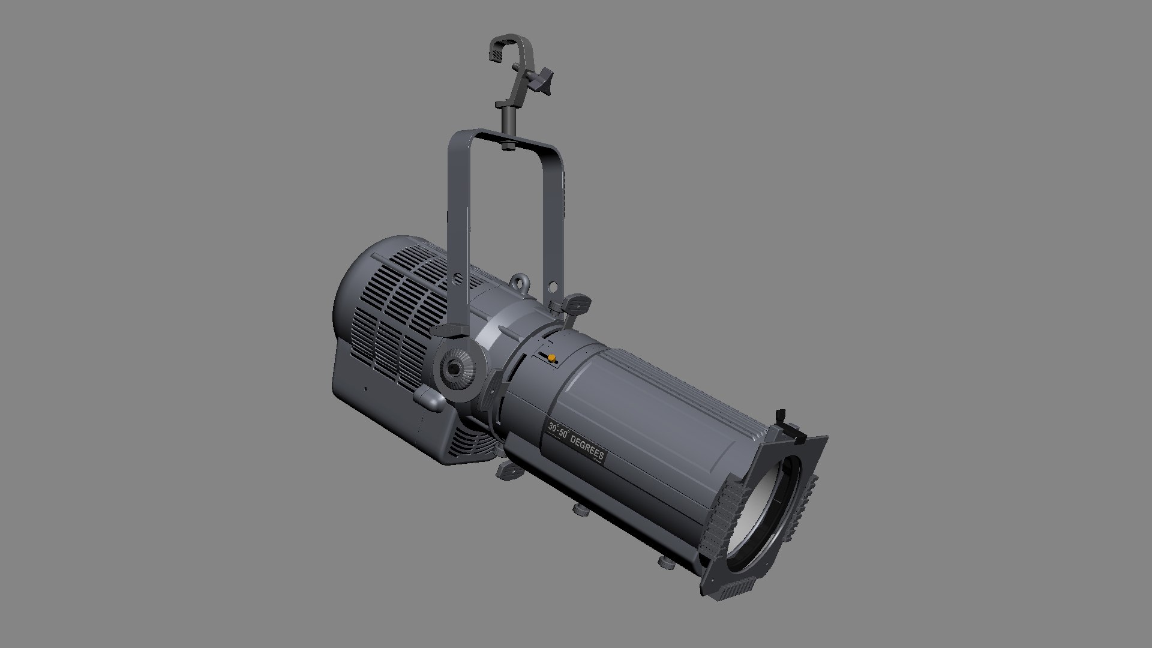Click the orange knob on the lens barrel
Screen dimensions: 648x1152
point(551,358)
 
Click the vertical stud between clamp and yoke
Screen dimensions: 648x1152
point(508,120)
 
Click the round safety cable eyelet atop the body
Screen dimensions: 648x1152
point(519,281)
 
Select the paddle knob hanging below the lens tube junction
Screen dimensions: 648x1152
point(510,470)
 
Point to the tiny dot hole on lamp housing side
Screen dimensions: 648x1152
point(365,388)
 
